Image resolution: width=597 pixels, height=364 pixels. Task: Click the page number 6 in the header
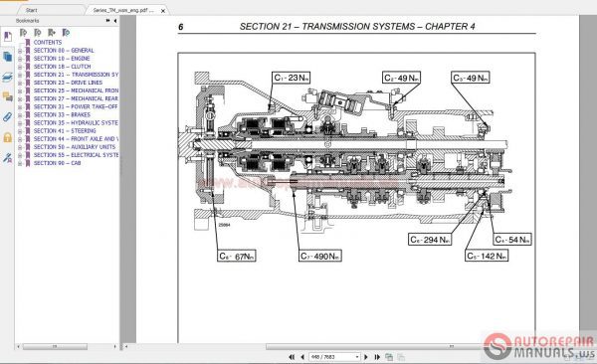click(181, 28)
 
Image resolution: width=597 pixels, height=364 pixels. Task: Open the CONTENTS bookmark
click(48, 43)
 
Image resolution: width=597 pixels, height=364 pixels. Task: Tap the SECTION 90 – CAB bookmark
click(55, 162)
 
